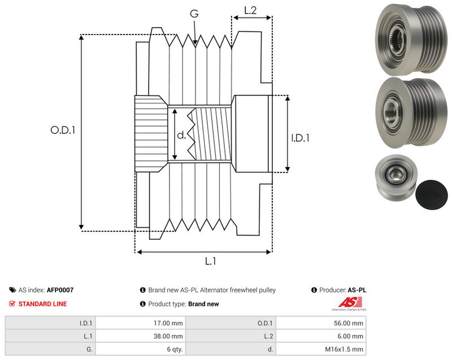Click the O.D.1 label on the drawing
pos(63,131)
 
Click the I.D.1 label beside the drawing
pos(300,138)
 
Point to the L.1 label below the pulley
pos(210,261)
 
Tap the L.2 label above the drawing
pos(250,10)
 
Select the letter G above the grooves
pos(194,13)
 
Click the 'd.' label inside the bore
pos(181,135)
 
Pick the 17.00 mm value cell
pos(140,323)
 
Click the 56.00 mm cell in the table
pos(321,323)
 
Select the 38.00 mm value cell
pos(140,336)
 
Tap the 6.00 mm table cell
pos(321,336)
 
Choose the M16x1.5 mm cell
pos(321,349)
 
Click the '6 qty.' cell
pos(140,349)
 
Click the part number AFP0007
pos(60,290)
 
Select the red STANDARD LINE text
pos(43,304)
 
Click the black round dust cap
pos(432,194)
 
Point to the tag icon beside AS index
pos(12,290)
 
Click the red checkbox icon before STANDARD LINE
pos(12,304)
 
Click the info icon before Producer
pos(314,290)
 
